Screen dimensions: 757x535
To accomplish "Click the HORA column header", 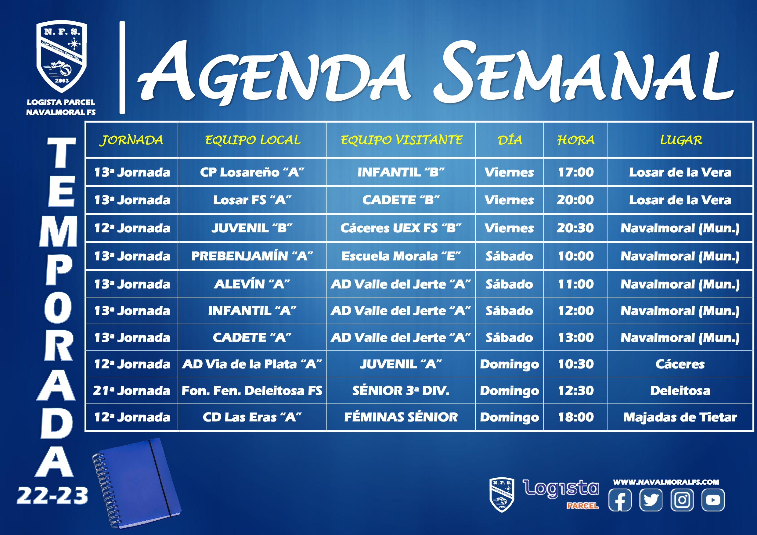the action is point(576,140).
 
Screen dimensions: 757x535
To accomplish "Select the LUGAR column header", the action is point(681,140).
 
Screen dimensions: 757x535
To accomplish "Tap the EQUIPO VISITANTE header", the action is point(401,140).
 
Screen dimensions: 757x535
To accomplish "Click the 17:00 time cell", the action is point(576,172).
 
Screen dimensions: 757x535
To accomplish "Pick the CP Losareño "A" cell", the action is point(252,172).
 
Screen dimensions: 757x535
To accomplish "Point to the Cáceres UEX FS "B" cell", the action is point(401,228).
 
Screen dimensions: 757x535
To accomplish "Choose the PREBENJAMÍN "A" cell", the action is point(252,256).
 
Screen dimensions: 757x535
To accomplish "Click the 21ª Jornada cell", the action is point(132,391).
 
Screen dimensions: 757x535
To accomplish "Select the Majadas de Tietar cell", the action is point(680,417).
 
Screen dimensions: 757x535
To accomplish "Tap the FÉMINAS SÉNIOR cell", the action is point(401,417).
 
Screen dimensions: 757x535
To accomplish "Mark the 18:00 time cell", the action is point(576,417).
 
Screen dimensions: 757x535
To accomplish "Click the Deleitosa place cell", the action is point(680,391).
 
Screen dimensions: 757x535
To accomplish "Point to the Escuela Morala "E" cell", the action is point(401,256).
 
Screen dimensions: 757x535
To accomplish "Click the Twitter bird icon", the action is point(651,500).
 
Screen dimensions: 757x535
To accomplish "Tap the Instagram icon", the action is point(682,500).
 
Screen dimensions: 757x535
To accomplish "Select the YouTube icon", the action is point(713,500).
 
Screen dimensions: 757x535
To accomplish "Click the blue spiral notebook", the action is point(137,483).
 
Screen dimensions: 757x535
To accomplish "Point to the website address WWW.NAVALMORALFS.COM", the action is point(666,482).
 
